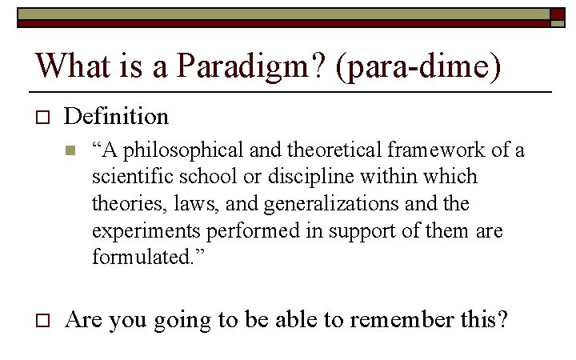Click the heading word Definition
tap(117, 117)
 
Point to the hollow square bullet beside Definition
tap(43, 118)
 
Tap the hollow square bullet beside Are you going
tap(43, 321)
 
